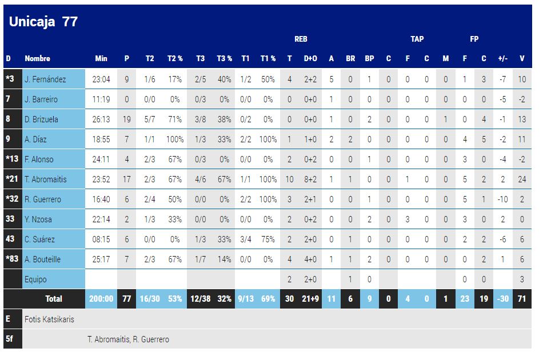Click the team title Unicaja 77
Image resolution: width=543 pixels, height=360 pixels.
(43, 22)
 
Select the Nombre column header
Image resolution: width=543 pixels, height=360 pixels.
(37, 58)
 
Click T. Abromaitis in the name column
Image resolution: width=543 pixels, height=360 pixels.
(45, 179)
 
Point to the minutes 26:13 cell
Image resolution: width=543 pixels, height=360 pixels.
(101, 119)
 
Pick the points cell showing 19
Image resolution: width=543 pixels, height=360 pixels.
(126, 119)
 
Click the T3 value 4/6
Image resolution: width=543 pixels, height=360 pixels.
(200, 179)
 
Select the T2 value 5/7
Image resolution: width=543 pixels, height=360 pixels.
(149, 119)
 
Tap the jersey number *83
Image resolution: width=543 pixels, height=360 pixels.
(12, 259)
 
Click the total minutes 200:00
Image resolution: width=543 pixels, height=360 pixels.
(101, 299)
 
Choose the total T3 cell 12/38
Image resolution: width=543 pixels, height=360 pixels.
(200, 299)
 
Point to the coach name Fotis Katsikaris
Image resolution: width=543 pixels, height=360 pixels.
(49, 319)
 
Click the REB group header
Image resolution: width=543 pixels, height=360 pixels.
(301, 39)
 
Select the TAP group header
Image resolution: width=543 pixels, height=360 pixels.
(417, 39)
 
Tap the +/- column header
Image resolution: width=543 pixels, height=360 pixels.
(503, 58)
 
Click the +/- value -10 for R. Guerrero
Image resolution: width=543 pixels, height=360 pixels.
(503, 199)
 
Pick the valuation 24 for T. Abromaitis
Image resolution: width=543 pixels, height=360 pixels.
(522, 179)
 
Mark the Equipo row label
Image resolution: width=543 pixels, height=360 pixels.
(35, 279)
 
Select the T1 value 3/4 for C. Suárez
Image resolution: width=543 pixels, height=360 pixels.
(245, 239)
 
